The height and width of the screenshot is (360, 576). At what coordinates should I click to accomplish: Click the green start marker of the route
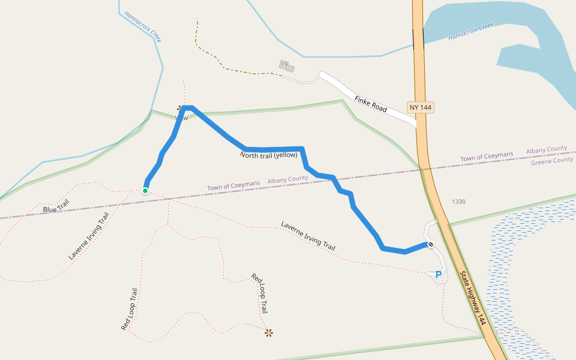point(145,191)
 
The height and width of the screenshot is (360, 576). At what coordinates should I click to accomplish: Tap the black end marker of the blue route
point(431,244)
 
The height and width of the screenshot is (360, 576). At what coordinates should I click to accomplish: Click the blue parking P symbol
point(439,275)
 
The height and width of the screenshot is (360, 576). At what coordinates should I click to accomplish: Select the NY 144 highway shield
point(420,107)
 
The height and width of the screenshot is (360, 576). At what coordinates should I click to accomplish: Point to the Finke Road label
point(370,104)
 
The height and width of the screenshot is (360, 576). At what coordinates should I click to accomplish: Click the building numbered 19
point(286,65)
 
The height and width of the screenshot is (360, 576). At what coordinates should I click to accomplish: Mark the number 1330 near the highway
point(458,202)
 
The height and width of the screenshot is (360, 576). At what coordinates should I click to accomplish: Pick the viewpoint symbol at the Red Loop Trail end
point(269,332)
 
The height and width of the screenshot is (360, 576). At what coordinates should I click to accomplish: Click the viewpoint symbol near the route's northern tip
point(180,109)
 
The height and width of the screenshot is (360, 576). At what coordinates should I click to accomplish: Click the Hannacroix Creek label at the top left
point(143,26)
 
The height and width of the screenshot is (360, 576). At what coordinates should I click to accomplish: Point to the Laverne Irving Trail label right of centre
point(308,236)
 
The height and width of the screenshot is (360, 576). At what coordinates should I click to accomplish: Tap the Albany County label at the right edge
point(547,149)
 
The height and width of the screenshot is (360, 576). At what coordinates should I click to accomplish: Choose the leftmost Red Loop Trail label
point(130,310)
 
